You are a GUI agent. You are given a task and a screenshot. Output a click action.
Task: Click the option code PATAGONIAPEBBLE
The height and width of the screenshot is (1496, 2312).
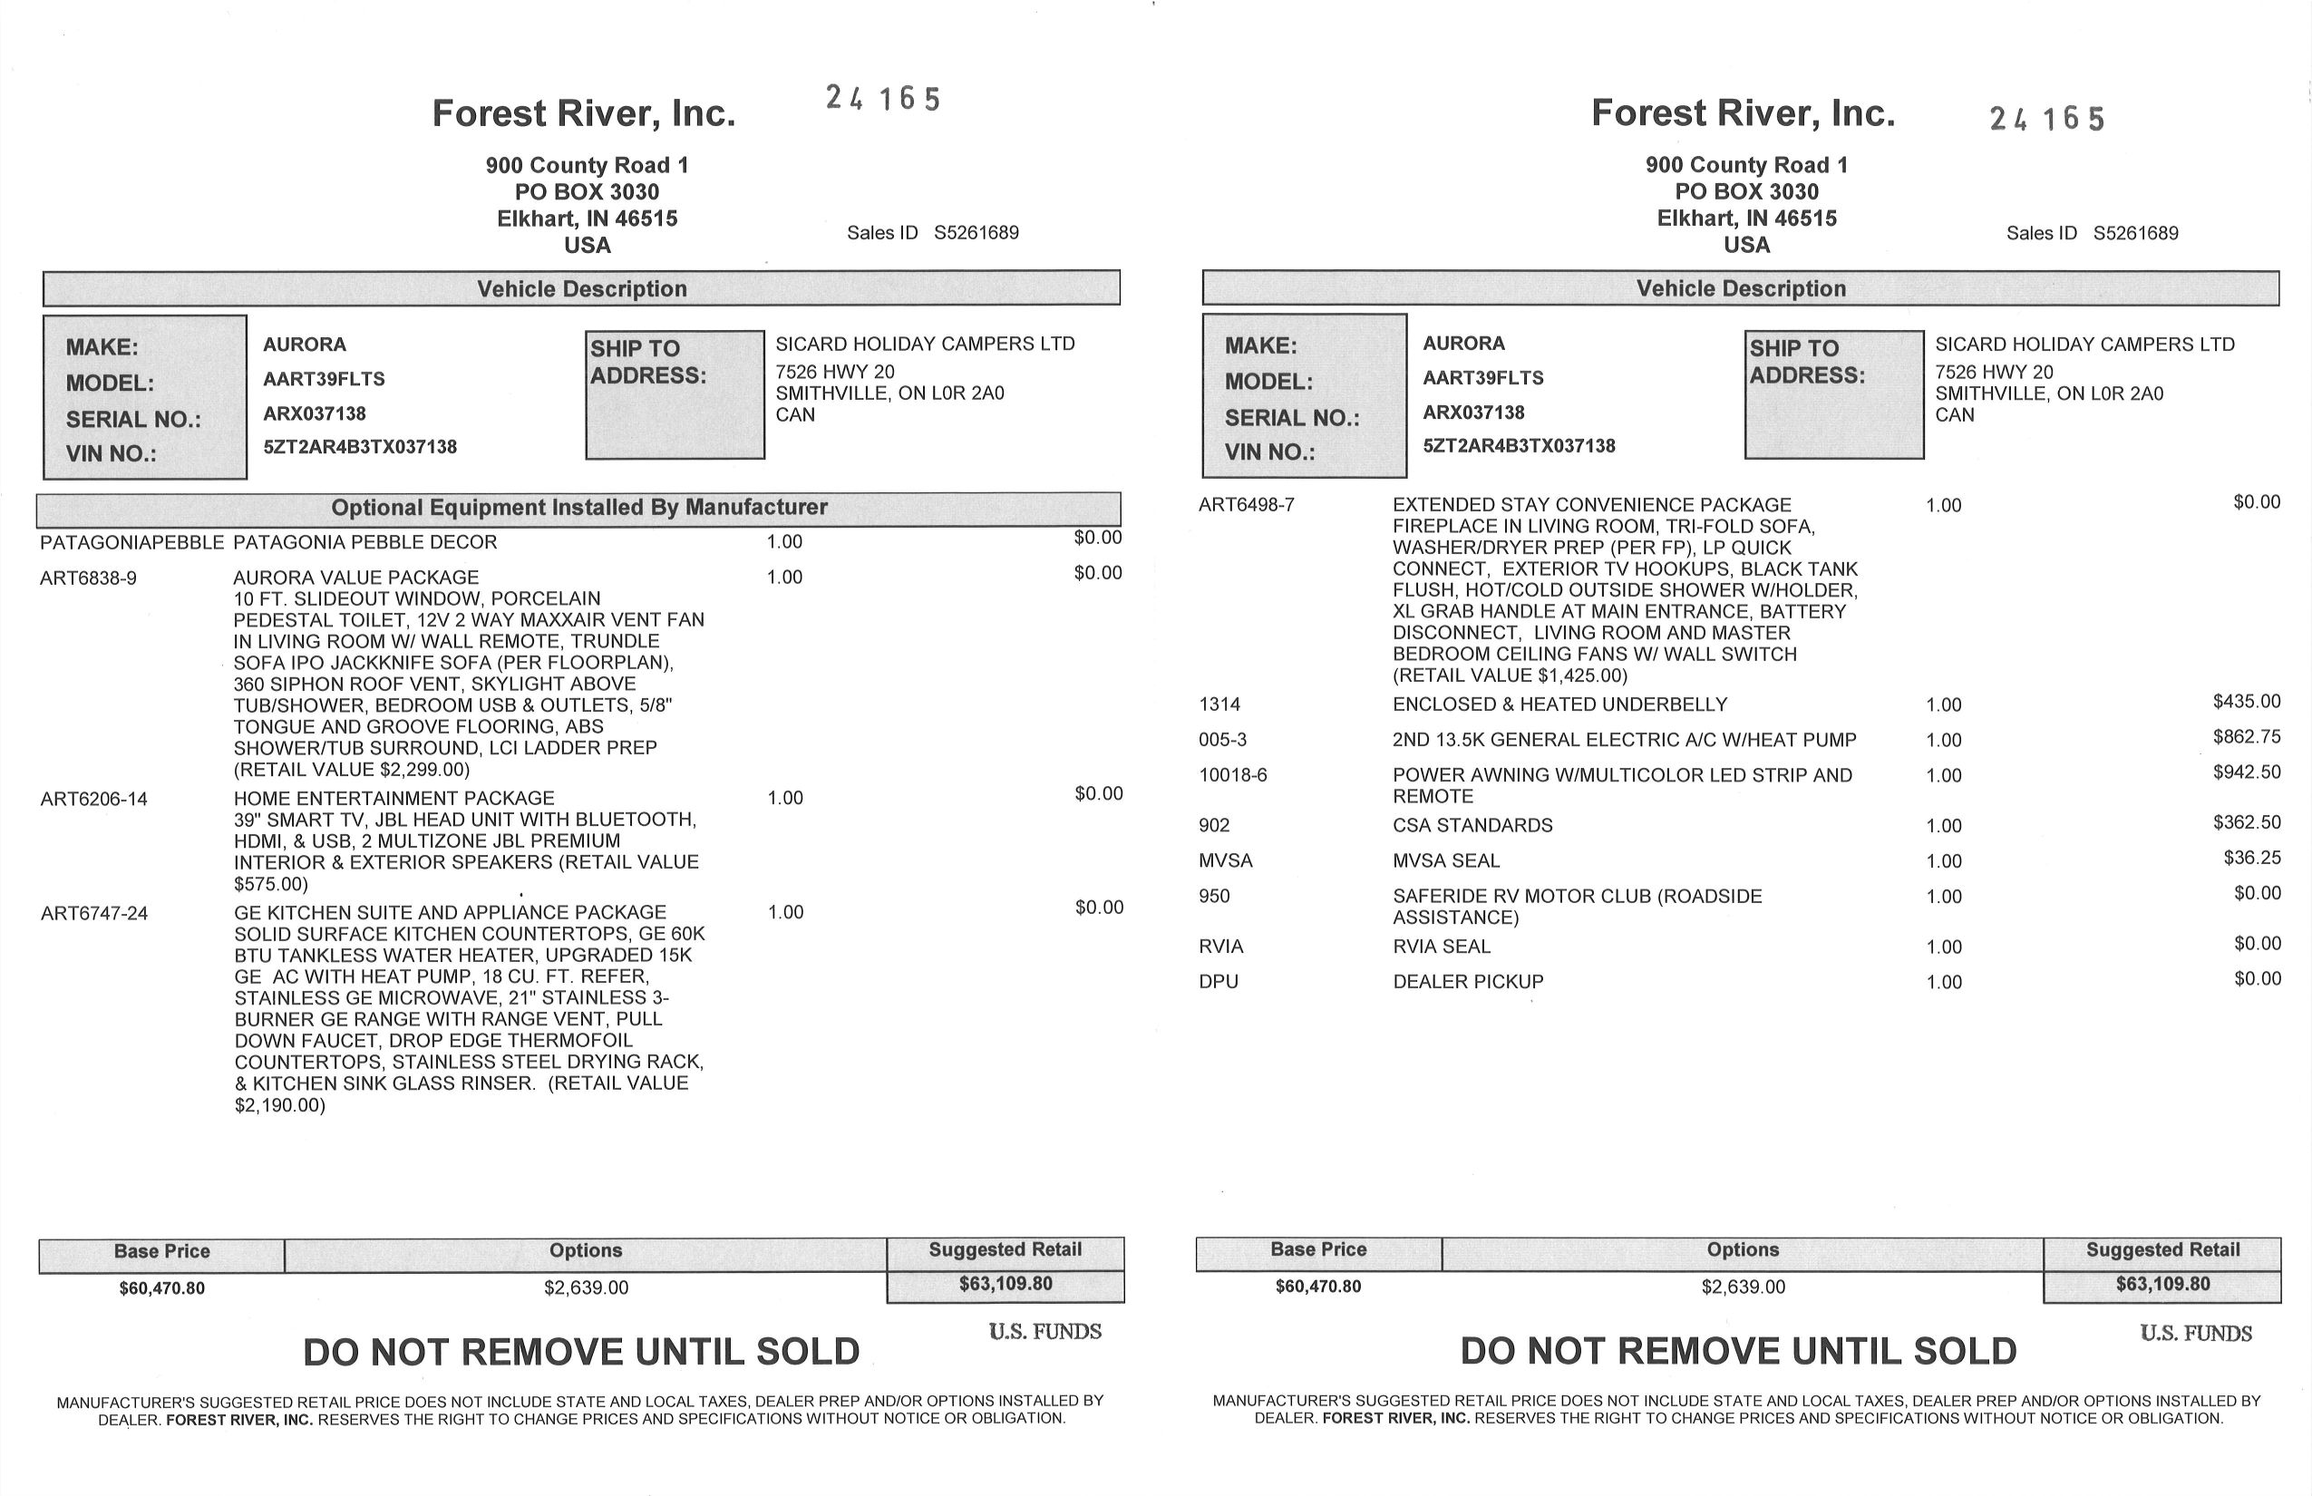pyautogui.click(x=131, y=542)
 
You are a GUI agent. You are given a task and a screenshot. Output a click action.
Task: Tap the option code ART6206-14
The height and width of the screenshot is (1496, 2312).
pyautogui.click(x=94, y=800)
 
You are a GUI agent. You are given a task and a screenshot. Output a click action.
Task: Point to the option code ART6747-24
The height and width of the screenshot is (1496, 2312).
pyautogui.click(x=94, y=913)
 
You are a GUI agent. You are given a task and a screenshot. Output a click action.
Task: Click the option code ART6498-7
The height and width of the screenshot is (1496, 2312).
pyautogui.click(x=1247, y=505)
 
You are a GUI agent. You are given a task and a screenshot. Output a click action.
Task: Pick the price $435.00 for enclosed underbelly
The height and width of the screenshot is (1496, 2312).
pyautogui.click(x=2246, y=702)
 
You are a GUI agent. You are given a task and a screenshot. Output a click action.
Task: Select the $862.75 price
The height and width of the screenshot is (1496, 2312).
pyautogui.click(x=2246, y=736)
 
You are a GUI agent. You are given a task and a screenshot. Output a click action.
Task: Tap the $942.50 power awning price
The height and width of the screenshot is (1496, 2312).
pyautogui.click(x=2246, y=772)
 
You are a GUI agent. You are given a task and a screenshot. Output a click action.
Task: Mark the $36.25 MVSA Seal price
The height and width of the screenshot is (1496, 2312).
pyautogui.click(x=2250, y=858)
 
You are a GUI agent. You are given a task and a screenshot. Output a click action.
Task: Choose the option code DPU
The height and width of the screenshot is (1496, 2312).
pyautogui.click(x=1219, y=982)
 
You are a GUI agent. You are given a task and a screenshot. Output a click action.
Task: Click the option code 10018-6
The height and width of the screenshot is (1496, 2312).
pyautogui.click(x=1233, y=775)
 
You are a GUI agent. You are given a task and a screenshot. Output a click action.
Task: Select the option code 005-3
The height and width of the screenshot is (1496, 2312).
pyautogui.click(x=1222, y=740)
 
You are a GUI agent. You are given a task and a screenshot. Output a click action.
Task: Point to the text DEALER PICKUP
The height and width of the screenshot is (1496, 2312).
pyautogui.click(x=1468, y=982)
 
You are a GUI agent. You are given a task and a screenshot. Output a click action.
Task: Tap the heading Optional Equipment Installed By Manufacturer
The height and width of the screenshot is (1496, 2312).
pyautogui.click(x=579, y=507)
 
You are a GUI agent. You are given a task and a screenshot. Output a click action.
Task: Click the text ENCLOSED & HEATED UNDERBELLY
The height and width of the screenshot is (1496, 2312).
pyautogui.click(x=1560, y=704)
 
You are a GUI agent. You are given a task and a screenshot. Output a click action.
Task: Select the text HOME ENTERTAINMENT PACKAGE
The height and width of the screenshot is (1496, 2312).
pyautogui.click(x=393, y=799)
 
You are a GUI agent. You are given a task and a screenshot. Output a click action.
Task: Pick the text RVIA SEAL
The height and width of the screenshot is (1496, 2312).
pyautogui.click(x=1442, y=947)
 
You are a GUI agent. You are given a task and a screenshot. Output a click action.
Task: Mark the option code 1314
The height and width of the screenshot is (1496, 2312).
pyautogui.click(x=1219, y=704)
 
